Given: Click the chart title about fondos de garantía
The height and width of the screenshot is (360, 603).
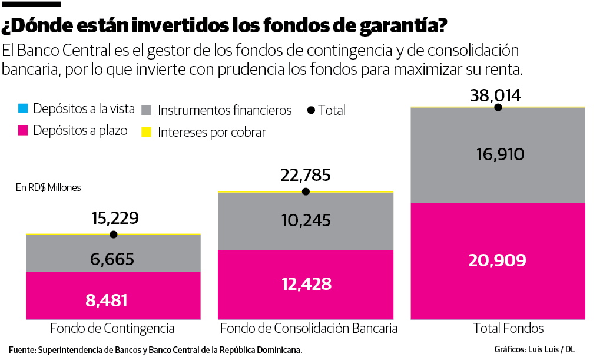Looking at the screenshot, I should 224,26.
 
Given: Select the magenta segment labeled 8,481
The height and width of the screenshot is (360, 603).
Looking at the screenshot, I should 113,296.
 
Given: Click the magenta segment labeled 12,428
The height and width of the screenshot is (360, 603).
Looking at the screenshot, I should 305,285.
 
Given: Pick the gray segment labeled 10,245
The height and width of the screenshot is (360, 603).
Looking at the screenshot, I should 305,220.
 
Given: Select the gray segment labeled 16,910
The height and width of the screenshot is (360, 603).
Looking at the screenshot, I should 498,155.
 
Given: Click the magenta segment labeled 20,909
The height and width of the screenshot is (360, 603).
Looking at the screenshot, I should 498,260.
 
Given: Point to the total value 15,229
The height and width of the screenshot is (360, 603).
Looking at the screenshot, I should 115,218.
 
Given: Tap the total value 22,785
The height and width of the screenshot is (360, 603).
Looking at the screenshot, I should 305,175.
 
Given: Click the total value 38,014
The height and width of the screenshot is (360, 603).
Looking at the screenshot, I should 496,95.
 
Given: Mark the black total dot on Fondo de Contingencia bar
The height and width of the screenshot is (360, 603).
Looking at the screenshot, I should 114,235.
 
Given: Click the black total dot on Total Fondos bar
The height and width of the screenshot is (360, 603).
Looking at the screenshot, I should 498,107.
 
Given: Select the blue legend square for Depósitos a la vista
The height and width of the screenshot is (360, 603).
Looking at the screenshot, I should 23,109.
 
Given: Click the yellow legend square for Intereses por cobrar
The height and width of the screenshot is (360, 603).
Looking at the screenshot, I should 147,132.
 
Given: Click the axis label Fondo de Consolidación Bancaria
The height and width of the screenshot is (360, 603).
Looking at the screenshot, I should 308,328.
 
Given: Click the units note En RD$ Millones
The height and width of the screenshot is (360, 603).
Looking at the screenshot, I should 48,187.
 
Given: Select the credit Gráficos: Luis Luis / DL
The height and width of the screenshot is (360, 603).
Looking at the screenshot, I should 534,349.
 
